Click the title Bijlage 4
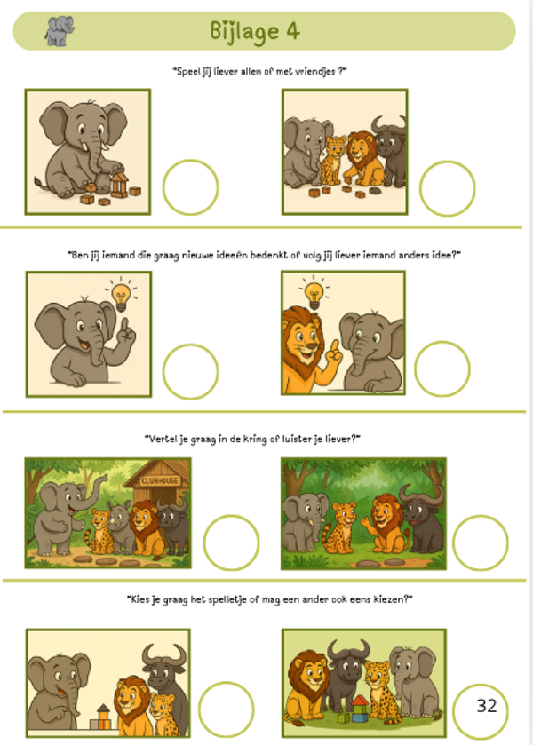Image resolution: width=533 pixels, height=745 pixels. click(255, 31)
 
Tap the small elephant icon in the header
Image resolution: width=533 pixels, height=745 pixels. click(60, 31)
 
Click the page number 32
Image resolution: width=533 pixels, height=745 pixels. click(487, 706)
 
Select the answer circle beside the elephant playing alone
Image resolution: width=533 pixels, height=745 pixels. click(190, 187)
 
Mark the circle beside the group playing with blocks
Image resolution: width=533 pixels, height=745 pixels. click(447, 188)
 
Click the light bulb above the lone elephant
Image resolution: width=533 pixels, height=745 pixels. click(121, 296)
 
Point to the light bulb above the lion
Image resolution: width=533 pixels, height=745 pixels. click(314, 295)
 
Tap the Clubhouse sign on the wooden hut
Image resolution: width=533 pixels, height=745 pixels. click(160, 480)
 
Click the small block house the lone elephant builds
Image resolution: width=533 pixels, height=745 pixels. click(119, 185)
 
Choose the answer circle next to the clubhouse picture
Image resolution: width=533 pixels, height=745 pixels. click(231, 543)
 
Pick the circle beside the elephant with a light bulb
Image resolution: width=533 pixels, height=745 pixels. click(190, 371)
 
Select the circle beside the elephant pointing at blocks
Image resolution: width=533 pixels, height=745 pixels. click(226, 709)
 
